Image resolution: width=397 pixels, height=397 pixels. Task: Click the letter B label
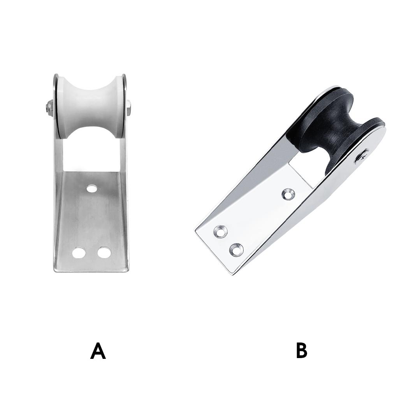[x=302, y=351]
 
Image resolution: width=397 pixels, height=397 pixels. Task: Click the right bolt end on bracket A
[x=129, y=107]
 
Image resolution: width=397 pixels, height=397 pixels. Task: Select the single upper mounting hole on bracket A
[x=92, y=188]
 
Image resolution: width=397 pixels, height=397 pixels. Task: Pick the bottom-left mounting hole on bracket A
[x=79, y=252]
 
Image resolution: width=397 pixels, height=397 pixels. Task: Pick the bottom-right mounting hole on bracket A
[x=104, y=252]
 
